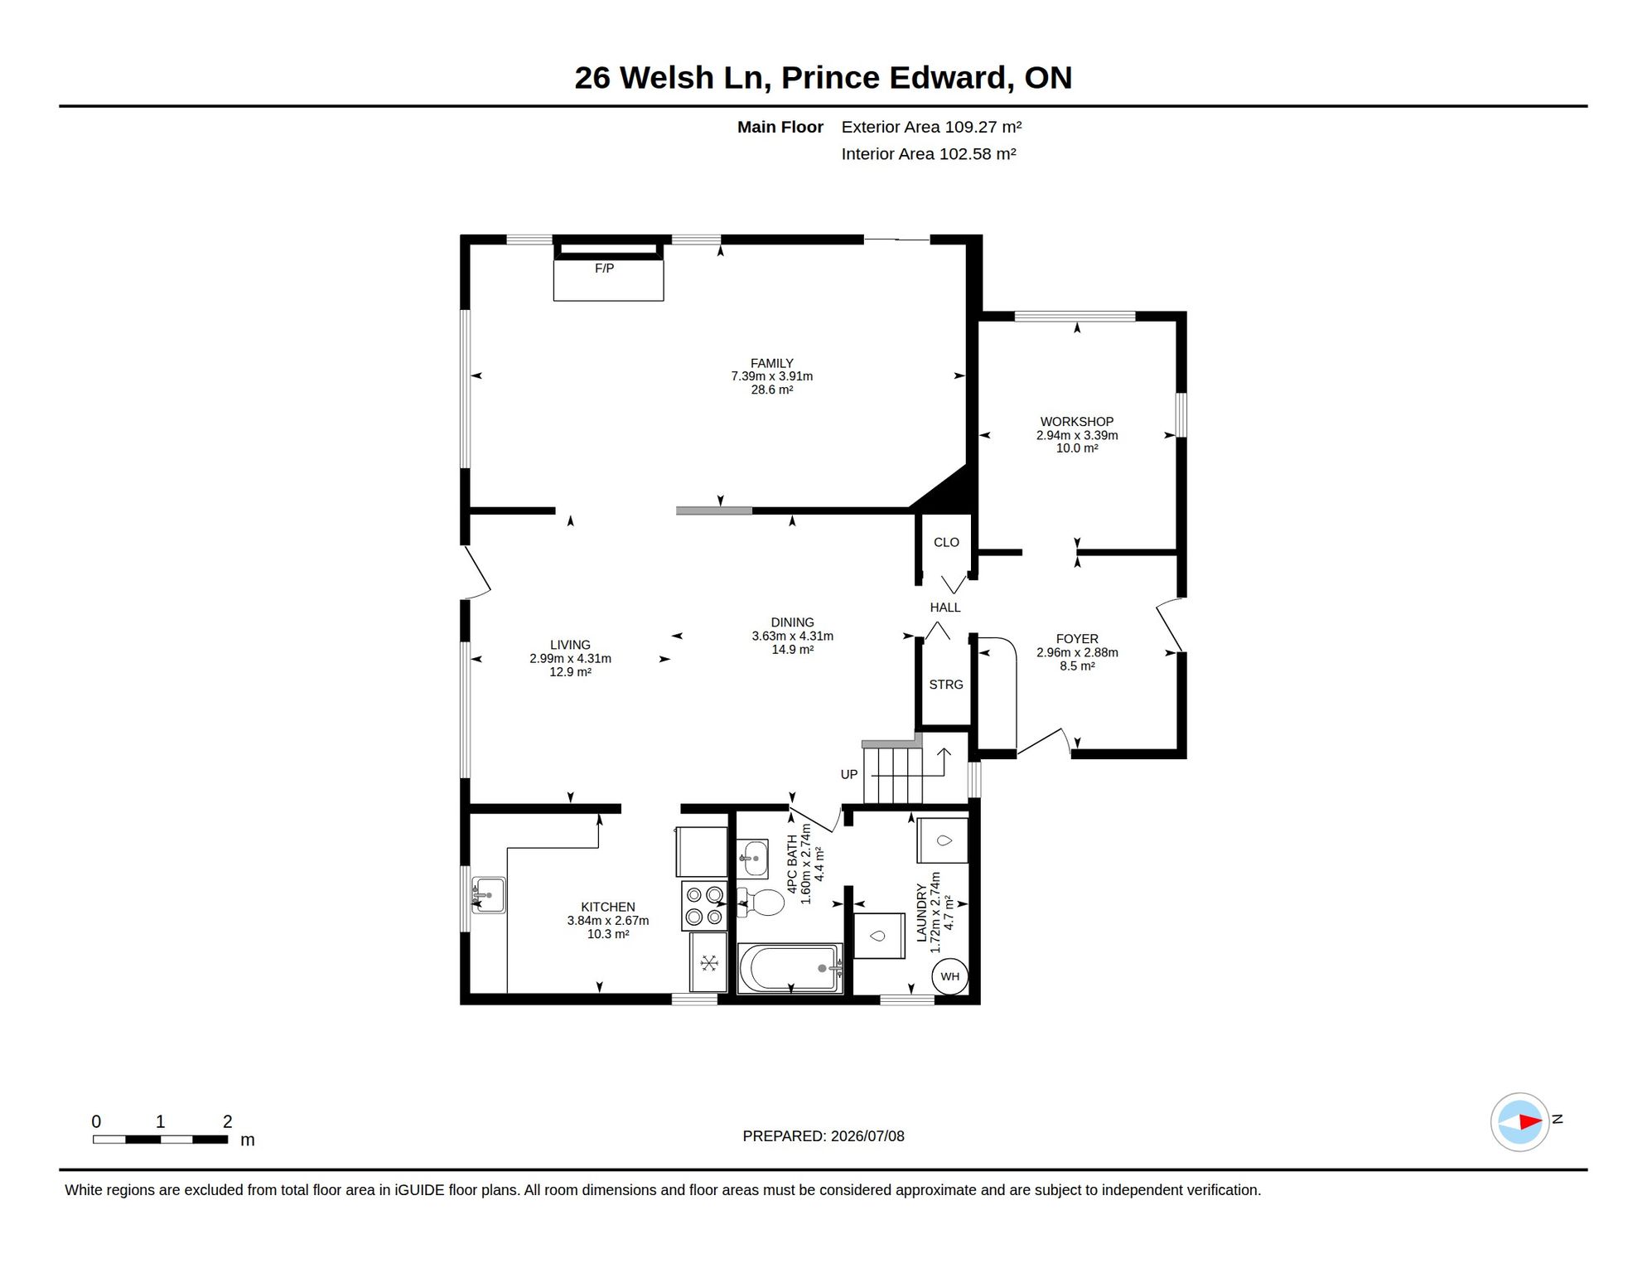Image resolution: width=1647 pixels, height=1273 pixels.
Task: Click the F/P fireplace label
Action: point(604,269)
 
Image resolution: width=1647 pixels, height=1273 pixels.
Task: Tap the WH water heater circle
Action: point(949,976)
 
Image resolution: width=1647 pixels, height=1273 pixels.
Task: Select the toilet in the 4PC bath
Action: point(761,902)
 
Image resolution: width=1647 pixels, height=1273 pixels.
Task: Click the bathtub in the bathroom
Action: point(790,967)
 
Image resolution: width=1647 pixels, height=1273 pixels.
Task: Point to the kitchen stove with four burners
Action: point(704,906)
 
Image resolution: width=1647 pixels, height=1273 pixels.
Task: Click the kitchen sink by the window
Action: point(488,895)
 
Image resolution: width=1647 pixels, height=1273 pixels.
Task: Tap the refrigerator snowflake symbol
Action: point(709,963)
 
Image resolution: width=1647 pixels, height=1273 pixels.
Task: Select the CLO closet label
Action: point(946,543)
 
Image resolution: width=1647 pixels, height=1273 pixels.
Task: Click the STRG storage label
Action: point(946,685)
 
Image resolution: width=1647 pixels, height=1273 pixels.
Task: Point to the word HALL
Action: point(945,607)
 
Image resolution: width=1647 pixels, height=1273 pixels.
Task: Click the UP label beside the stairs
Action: point(849,775)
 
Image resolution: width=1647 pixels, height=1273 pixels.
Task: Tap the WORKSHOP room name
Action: point(1077,422)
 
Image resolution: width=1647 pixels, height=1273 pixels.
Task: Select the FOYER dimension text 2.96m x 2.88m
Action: point(1077,652)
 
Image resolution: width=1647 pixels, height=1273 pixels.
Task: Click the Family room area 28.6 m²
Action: point(772,390)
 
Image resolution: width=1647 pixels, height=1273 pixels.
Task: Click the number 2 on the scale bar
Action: point(228,1121)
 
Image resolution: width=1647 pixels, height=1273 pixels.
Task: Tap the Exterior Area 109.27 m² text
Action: point(931,127)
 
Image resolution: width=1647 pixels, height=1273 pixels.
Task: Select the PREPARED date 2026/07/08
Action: point(868,1136)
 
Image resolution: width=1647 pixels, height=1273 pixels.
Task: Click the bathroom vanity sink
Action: point(753,858)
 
